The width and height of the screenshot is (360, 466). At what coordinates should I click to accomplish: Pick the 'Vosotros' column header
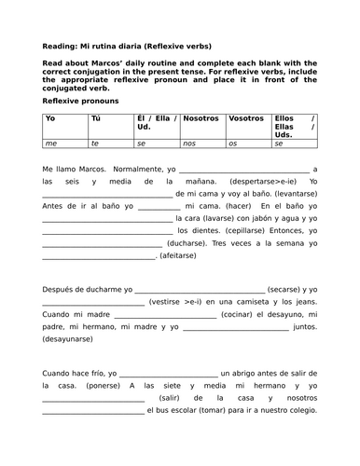[245, 119]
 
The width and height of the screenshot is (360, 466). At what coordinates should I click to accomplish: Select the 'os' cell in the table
[233, 144]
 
